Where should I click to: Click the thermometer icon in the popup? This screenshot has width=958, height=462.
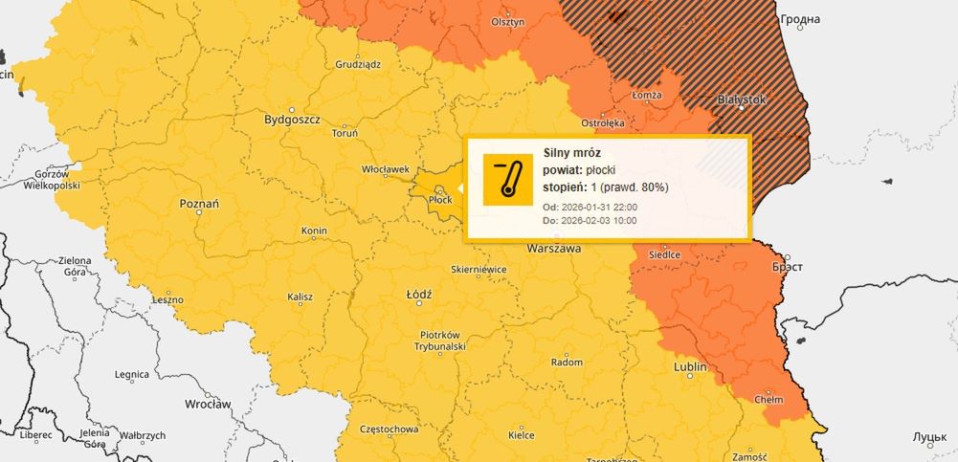pyautogui.click(x=507, y=179)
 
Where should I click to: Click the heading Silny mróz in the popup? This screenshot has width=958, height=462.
pyautogui.click(x=571, y=152)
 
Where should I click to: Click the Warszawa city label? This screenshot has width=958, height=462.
pyautogui.click(x=554, y=248)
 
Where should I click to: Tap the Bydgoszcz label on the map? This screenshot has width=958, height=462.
pyautogui.click(x=293, y=121)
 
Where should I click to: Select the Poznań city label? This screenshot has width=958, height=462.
pyautogui.click(x=199, y=204)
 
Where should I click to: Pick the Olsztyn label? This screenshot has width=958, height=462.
pyautogui.click(x=508, y=21)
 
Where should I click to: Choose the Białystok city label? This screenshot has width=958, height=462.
pyautogui.click(x=743, y=99)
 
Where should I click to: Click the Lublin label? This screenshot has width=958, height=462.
pyautogui.click(x=690, y=366)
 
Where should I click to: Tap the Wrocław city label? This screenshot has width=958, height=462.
pyautogui.click(x=209, y=404)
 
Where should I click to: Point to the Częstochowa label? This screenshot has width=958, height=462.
pyautogui.click(x=388, y=429)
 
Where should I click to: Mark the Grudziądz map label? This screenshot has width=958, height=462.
pyautogui.click(x=358, y=64)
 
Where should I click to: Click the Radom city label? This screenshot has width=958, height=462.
pyautogui.click(x=568, y=363)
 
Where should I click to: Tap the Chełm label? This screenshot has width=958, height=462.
pyautogui.click(x=769, y=399)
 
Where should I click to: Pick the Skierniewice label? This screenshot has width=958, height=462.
pyautogui.click(x=478, y=270)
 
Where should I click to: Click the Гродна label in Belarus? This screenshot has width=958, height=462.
pyautogui.click(x=800, y=19)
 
